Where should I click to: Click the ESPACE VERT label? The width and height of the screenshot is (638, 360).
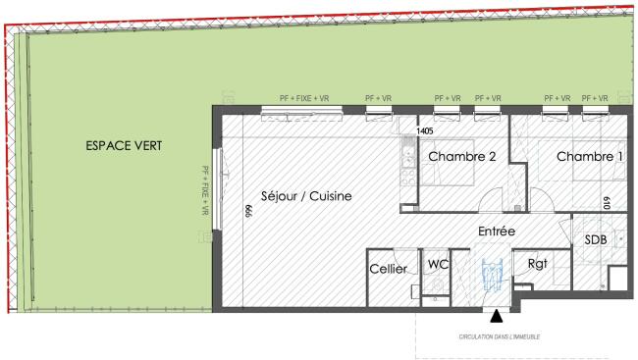click(124, 145)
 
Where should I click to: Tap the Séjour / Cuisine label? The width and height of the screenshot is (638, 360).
click(306, 196)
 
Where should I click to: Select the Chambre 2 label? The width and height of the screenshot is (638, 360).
click(462, 157)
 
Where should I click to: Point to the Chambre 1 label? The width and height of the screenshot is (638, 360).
click(590, 157)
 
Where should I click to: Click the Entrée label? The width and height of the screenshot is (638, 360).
click(497, 231)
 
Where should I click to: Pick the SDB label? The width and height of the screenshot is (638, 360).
click(596, 240)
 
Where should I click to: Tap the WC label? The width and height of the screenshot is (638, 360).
click(438, 265)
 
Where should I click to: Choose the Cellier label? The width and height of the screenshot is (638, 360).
click(388, 269)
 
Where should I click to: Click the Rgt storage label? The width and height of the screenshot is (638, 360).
click(538, 264)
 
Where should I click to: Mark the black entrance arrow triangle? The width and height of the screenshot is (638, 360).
click(496, 316)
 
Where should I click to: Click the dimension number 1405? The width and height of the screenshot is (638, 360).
click(425, 131)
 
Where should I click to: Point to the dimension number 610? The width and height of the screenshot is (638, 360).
click(607, 203)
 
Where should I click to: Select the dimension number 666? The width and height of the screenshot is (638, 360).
click(248, 211)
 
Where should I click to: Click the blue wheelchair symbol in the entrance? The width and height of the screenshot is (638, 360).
click(492, 276)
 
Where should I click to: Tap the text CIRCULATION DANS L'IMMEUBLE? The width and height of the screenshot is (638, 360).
click(500, 336)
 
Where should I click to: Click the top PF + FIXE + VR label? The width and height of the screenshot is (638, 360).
click(304, 98)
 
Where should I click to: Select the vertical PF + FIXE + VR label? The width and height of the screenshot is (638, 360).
click(205, 190)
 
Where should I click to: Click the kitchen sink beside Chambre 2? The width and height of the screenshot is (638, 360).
click(408, 153)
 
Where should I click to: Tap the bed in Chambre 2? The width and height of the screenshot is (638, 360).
click(448, 162)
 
